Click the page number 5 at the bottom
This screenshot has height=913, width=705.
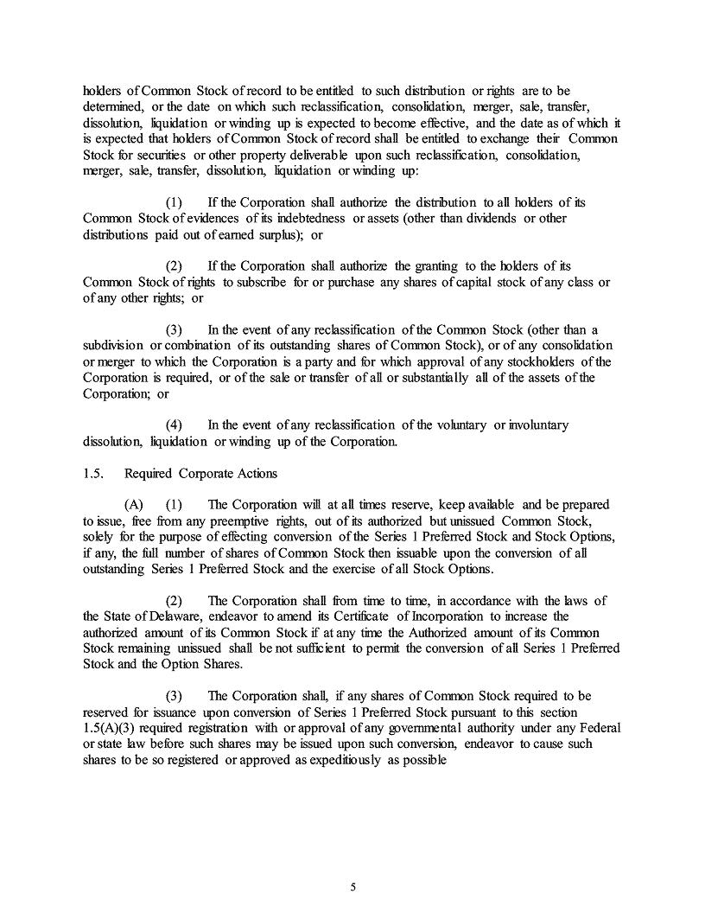point(352,887)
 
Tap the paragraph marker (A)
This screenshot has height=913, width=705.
point(134,504)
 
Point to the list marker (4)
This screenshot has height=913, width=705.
point(175,425)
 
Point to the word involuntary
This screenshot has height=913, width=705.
point(538,425)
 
